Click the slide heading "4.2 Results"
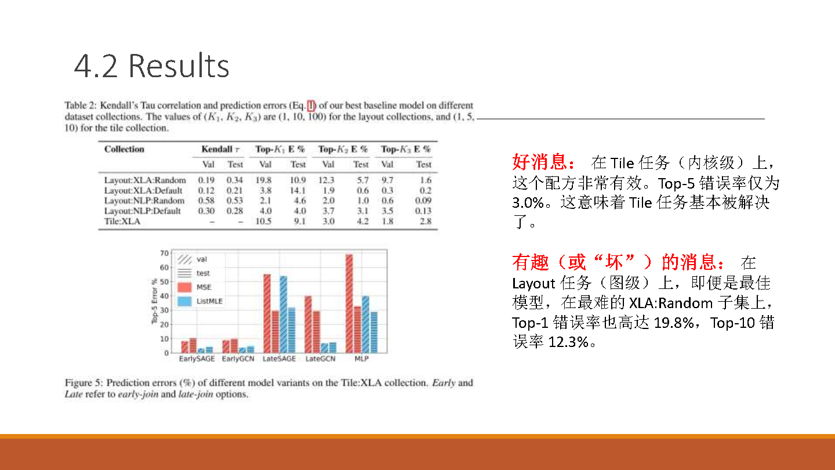(x=151, y=66)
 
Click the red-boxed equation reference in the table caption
(x=311, y=106)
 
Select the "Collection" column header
(x=124, y=149)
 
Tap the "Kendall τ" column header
(x=220, y=149)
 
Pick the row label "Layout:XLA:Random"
(x=145, y=180)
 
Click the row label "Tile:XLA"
(x=122, y=221)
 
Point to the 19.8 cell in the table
(x=263, y=180)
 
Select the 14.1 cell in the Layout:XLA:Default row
(x=298, y=190)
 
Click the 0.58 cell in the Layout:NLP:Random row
(x=206, y=201)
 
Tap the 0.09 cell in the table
(x=423, y=201)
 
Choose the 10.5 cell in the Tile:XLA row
(x=263, y=221)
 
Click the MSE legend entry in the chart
(x=194, y=287)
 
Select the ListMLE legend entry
(x=200, y=301)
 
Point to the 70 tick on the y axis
(x=165, y=253)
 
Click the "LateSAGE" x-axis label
(x=279, y=359)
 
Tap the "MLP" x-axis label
(x=361, y=359)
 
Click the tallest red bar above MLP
(x=349, y=303)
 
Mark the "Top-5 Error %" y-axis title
(x=154, y=301)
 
